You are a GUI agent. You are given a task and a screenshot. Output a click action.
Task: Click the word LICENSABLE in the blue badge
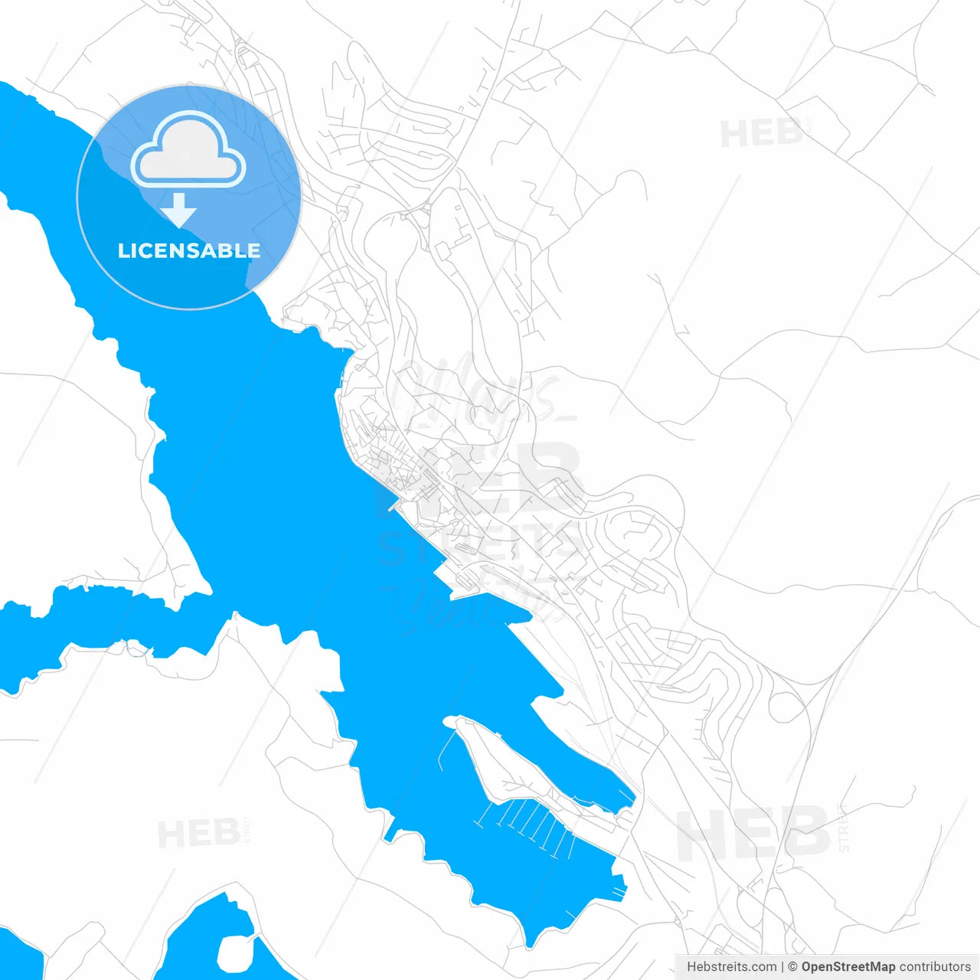click(188, 250)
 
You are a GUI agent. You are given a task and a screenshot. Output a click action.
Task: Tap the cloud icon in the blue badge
click(188, 150)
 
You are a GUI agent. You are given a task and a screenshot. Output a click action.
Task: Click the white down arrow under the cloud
click(179, 210)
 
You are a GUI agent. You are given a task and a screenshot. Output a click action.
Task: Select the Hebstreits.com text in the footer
click(731, 967)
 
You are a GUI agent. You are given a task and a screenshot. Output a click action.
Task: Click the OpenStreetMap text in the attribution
click(848, 967)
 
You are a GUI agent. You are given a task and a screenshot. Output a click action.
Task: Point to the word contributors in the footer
click(935, 967)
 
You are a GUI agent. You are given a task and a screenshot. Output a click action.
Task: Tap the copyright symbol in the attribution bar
click(792, 967)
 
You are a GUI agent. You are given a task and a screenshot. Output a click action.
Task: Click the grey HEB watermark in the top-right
click(761, 134)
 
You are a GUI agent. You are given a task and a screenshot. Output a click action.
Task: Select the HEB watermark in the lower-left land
click(199, 833)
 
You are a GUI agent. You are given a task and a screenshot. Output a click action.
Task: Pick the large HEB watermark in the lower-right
click(753, 833)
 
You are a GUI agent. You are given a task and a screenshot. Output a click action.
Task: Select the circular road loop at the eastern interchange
click(785, 707)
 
